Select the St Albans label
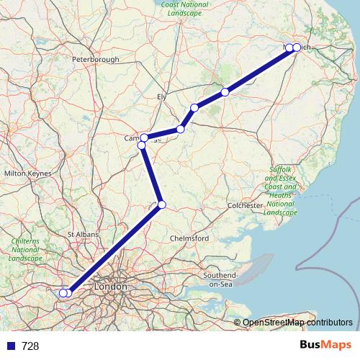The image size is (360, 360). [x=81, y=234]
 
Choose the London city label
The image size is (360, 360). [x=110, y=287]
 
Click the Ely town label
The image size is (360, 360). [x=161, y=96]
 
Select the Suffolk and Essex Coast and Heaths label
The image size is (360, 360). [x=280, y=191]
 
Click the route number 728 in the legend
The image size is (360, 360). [x=31, y=346]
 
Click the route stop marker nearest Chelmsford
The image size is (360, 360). [x=162, y=205]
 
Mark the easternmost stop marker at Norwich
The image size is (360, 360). [x=297, y=48]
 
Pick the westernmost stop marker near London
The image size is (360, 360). [x=63, y=292]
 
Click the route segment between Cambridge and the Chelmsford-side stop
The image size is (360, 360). [x=151, y=175]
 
